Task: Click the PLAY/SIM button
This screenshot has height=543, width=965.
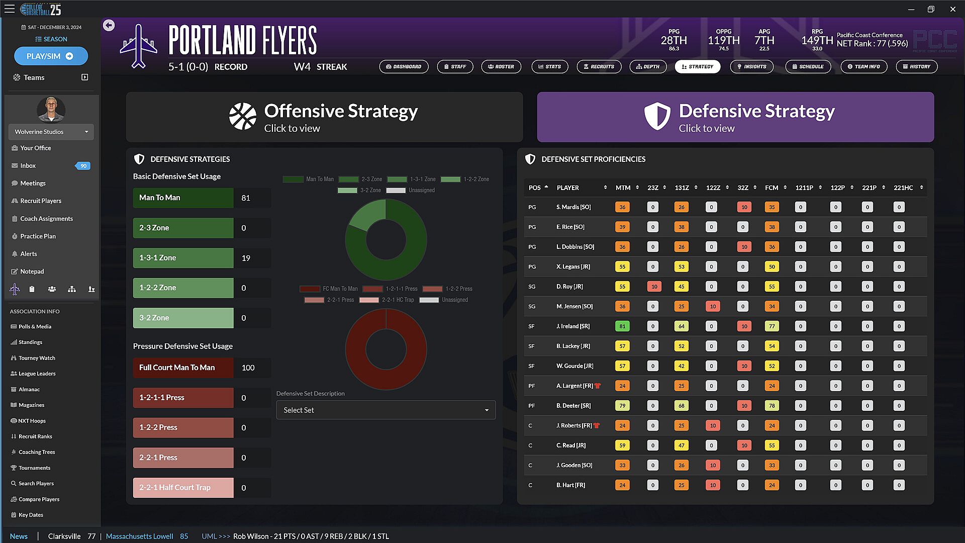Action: point(51,56)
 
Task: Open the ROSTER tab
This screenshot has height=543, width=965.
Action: point(501,66)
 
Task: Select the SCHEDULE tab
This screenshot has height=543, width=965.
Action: point(808,66)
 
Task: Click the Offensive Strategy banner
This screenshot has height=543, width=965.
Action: point(324,117)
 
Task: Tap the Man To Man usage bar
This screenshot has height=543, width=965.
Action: point(183,198)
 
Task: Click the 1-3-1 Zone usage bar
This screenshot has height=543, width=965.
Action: point(183,258)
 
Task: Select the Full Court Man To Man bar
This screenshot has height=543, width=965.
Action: point(183,368)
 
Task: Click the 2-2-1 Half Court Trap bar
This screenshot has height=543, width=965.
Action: point(183,488)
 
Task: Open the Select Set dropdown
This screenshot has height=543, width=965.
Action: point(385,410)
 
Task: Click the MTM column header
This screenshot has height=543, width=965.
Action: point(623,188)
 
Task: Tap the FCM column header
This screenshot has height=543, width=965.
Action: point(771,188)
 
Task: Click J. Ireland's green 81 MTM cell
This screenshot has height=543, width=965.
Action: point(622,326)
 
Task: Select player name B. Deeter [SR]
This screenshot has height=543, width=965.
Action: point(573,406)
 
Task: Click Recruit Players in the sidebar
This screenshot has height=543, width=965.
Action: point(41,201)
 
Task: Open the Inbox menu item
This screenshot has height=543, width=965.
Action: point(28,166)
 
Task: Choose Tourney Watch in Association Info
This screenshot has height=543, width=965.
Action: point(37,358)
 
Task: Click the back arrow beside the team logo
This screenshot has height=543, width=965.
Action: point(109,25)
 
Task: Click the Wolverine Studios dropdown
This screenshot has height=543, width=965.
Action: point(51,132)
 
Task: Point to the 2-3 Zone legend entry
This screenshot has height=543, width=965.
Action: point(360,179)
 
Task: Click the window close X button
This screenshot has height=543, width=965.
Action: point(952,9)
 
